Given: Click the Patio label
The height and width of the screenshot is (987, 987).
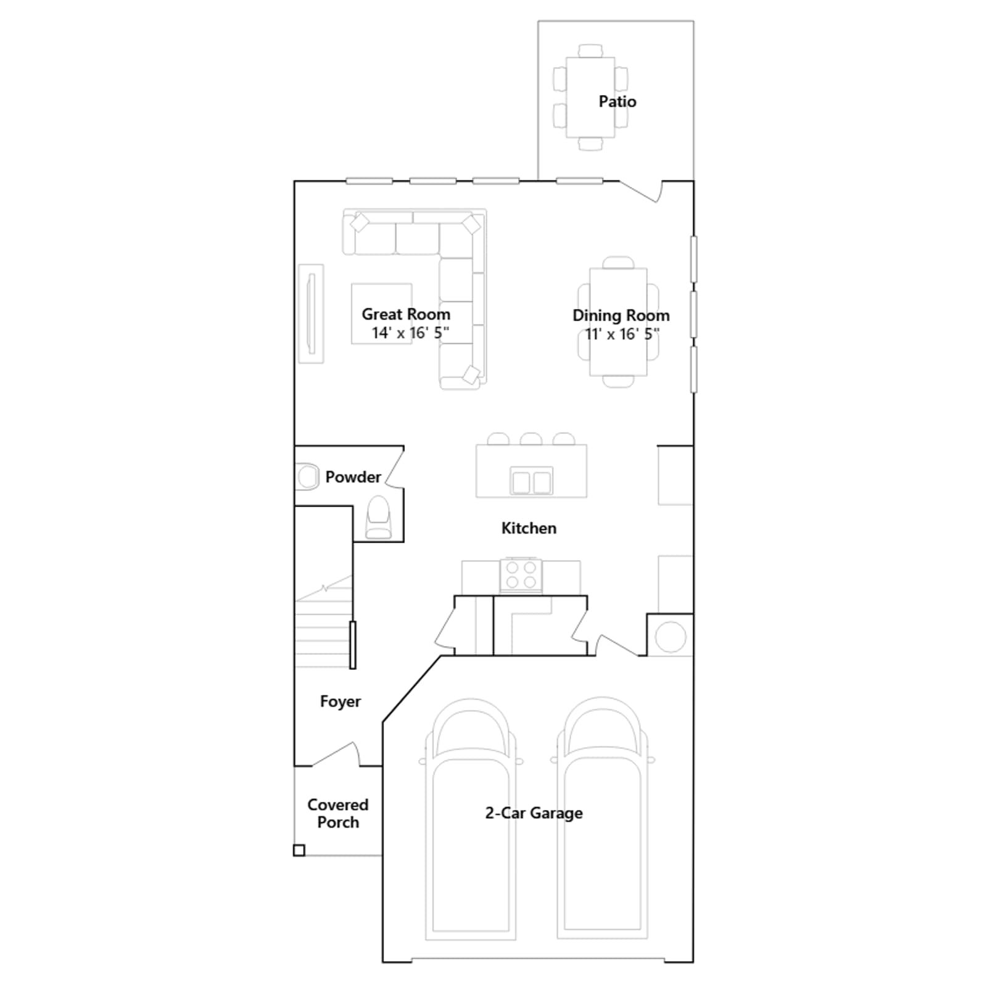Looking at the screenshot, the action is (617, 101).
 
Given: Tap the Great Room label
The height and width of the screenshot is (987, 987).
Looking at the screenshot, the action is (406, 314).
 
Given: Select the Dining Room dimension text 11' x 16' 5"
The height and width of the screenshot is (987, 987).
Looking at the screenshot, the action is (622, 334).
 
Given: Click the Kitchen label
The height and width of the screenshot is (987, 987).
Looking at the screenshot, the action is (529, 528).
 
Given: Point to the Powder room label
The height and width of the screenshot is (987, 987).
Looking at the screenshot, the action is (353, 477).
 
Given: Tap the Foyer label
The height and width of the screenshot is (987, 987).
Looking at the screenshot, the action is (341, 701).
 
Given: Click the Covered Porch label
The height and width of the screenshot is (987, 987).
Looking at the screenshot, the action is (338, 813).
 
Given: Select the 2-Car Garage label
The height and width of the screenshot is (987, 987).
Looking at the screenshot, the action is (534, 813).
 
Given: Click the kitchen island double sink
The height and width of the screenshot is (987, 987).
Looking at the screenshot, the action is (531, 481).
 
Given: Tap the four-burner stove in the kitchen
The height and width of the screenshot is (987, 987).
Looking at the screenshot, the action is (521, 575).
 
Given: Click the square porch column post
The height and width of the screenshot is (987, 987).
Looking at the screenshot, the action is (299, 850).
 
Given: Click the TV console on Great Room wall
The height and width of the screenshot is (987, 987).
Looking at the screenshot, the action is (311, 313).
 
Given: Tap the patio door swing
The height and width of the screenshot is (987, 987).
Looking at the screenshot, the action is (642, 191).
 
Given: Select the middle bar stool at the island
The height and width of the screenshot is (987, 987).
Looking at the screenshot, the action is (531, 439).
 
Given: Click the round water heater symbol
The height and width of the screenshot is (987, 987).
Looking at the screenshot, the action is (671, 636).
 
